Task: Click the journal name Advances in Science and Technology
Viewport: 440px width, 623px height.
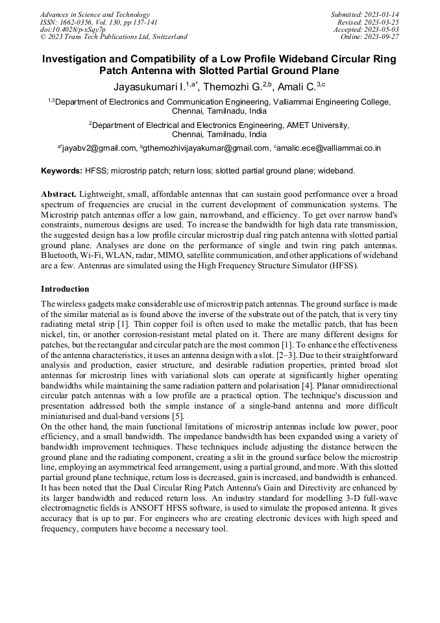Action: (95, 14)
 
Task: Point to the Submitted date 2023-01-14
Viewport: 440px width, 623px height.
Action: (380, 14)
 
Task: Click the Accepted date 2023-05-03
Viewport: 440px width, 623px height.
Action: (380, 29)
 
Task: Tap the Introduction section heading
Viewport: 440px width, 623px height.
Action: (65, 288)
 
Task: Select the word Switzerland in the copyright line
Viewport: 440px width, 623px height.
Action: (167, 37)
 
